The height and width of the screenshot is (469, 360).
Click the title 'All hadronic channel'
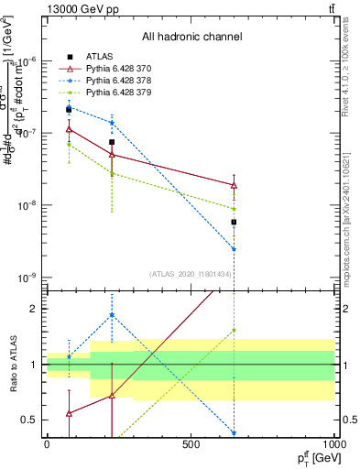point(191,38)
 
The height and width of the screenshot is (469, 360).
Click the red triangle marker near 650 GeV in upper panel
point(234,185)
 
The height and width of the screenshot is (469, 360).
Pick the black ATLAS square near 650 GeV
point(234,222)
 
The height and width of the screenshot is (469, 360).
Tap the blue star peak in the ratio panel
point(112,315)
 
